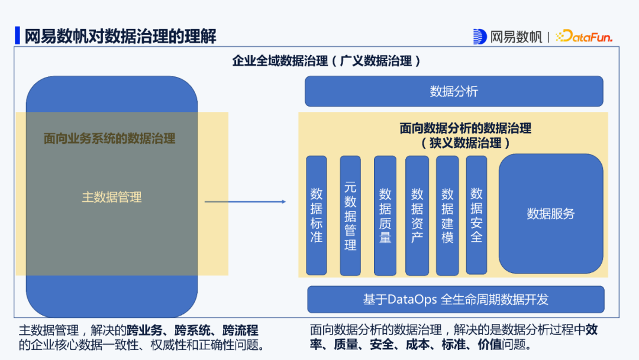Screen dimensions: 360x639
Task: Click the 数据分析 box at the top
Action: point(454,91)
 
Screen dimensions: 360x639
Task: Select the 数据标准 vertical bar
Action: point(317,215)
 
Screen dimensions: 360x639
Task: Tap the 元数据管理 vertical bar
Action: point(350,215)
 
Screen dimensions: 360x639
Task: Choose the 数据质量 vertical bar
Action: point(385,215)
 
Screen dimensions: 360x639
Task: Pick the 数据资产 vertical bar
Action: point(417,215)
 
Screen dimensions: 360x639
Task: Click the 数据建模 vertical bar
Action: point(447,215)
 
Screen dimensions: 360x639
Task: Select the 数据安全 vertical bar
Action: point(476,215)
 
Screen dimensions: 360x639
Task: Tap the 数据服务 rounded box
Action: point(551,214)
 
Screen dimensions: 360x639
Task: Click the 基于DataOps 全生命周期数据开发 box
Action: point(456,300)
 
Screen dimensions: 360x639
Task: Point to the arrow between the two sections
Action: point(246,202)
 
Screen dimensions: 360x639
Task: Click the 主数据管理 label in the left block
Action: point(112,197)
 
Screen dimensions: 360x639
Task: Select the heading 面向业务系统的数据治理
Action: point(109,139)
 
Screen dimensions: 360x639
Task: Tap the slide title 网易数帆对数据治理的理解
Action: point(120,36)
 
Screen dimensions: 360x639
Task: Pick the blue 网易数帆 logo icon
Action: point(480,37)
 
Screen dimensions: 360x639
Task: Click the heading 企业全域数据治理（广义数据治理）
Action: point(327,61)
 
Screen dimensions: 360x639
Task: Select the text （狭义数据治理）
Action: point(466,143)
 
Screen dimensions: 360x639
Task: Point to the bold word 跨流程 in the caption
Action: point(241,330)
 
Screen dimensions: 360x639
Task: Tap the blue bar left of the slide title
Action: point(18,36)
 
